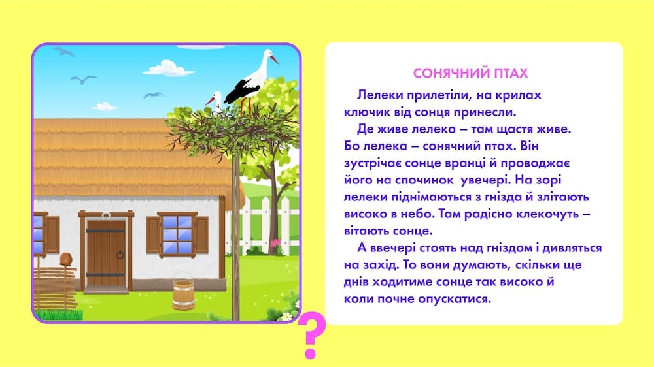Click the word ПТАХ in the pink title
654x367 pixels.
pos(511,73)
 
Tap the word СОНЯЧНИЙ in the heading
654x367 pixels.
pos(451,73)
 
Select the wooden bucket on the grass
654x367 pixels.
pos(184,292)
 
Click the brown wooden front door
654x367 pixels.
pos(106,253)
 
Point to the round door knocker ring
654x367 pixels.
pos(120,255)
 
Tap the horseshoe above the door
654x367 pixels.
pos(106,215)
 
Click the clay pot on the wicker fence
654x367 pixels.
pos(65,259)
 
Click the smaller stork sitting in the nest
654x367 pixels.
pos(215,102)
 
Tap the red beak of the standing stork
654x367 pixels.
pos(273,59)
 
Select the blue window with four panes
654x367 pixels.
pos(177,234)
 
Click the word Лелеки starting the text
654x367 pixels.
pos(379,95)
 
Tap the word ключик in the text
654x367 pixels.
pos(364,112)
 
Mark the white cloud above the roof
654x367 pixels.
pos(169,69)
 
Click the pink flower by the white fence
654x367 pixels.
pos(275,242)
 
